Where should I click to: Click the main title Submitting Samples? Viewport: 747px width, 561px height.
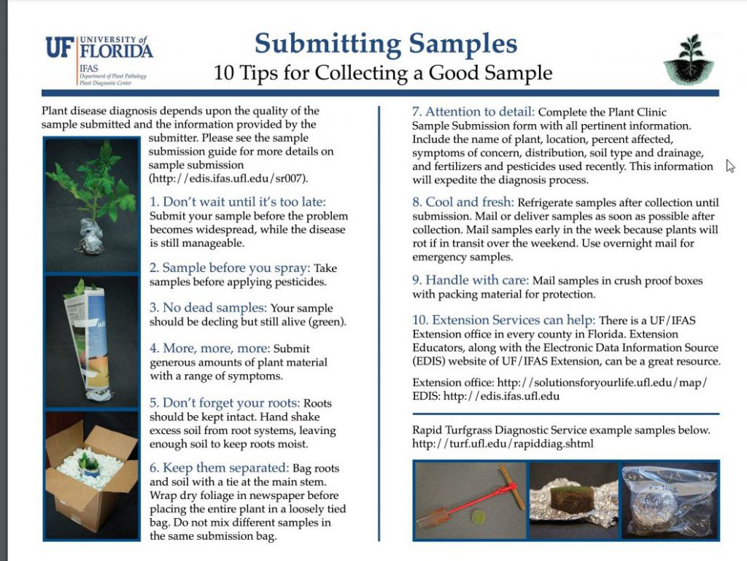[386, 45]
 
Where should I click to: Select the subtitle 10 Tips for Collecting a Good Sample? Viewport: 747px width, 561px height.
[382, 73]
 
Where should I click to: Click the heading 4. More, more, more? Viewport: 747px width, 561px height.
[209, 348]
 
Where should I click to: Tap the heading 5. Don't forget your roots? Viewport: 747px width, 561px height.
[225, 402]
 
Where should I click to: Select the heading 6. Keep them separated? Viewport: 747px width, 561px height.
[218, 468]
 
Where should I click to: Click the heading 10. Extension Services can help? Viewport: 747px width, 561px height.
[504, 320]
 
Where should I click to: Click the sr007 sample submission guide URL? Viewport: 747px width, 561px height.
[228, 178]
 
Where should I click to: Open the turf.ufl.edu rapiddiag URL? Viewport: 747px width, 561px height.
[503, 444]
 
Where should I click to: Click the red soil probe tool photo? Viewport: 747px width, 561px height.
[470, 500]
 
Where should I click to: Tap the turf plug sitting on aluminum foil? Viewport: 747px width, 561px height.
[573, 500]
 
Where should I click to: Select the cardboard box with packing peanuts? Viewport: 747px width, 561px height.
[91, 475]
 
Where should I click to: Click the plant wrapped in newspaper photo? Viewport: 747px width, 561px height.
[91, 341]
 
